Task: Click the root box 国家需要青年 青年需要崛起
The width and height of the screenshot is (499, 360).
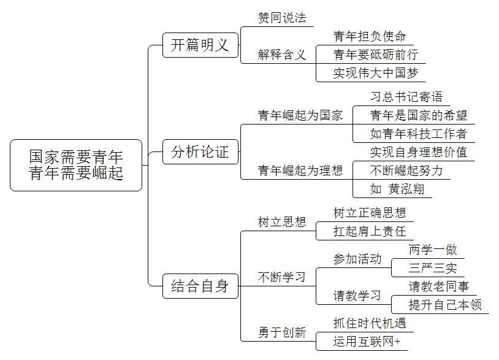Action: [x=76, y=165]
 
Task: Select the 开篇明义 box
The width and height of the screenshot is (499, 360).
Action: [x=200, y=45]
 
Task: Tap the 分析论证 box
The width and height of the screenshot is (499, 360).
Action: [x=200, y=152]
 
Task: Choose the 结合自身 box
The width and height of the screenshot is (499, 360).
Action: [x=200, y=286]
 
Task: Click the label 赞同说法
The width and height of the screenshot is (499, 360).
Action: [x=282, y=18]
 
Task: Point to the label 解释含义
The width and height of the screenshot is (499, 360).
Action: [x=282, y=55]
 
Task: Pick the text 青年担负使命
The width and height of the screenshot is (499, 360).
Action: [x=370, y=36]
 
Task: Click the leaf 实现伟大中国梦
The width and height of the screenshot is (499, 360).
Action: [x=376, y=73]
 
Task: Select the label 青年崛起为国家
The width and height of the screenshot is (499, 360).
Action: [x=300, y=115]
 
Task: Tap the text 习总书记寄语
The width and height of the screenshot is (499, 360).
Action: [x=406, y=97]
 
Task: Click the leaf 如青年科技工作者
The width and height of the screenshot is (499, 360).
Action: [x=419, y=134]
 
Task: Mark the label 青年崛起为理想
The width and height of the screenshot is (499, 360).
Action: [x=300, y=170]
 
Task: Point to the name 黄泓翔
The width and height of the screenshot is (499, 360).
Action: [x=406, y=189]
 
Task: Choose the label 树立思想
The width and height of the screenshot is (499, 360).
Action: [x=282, y=222]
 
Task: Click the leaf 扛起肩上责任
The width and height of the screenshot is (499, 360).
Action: [x=370, y=231]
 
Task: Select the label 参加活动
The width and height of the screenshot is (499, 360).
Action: [x=357, y=259]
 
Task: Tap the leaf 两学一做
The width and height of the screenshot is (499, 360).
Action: [x=433, y=250]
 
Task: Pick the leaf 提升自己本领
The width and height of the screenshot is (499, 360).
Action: [x=445, y=305]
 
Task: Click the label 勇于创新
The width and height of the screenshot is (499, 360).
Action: [x=282, y=332]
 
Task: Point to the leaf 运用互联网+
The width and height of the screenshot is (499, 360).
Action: [x=367, y=342]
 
